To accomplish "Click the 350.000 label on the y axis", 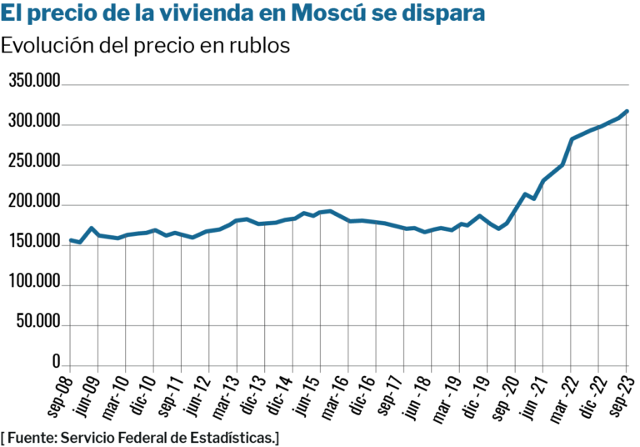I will click(x=34, y=82).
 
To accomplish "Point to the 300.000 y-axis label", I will click(x=34, y=123).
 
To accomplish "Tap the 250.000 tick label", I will click(x=34, y=163).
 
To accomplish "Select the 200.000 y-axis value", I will click(x=34, y=203).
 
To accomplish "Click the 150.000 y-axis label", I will click(x=34, y=243).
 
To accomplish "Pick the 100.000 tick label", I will click(x=34, y=283).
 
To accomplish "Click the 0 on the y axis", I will click(x=57, y=363).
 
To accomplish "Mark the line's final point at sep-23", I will click(x=627, y=111).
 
